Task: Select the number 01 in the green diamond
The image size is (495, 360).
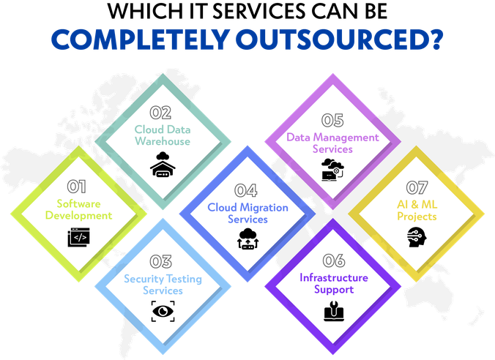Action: pos(77,187)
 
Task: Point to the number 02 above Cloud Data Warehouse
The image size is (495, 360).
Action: pos(160,113)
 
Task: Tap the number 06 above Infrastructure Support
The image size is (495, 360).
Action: pos(333,261)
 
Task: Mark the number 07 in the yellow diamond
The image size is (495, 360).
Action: pos(417,189)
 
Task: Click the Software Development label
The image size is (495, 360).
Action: pos(78,210)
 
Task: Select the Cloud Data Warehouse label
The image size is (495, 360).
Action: pos(162,135)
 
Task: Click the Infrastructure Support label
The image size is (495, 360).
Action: pos(333,284)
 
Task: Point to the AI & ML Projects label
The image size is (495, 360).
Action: pos(417,211)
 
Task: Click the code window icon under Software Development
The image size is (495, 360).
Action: pos(78,238)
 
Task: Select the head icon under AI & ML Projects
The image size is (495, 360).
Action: pos(416,237)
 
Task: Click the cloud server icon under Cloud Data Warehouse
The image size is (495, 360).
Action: pos(162,163)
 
